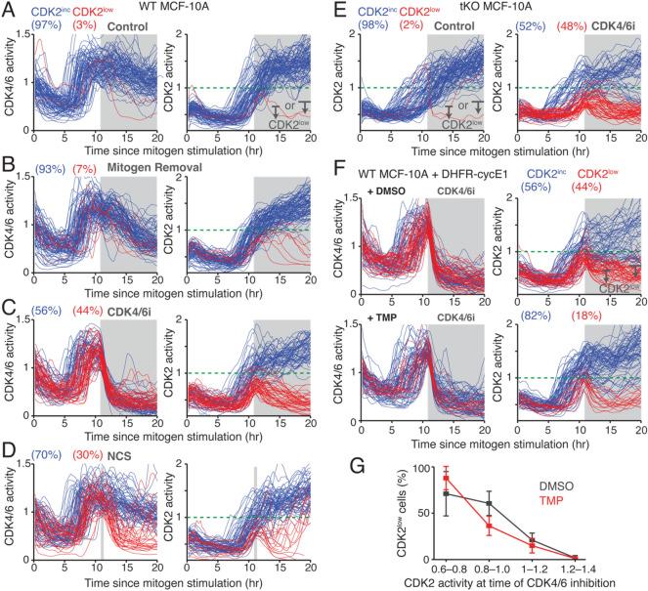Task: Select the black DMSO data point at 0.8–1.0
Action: coord(490,503)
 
